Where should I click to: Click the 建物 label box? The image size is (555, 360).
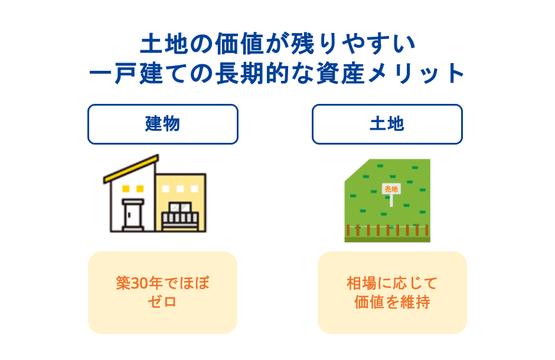[162, 124]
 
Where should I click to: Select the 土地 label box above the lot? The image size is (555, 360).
[387, 124]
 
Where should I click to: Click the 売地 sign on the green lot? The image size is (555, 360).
[391, 189]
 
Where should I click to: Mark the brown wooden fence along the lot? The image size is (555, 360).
[387, 230]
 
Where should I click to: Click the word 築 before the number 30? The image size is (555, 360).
[123, 283]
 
